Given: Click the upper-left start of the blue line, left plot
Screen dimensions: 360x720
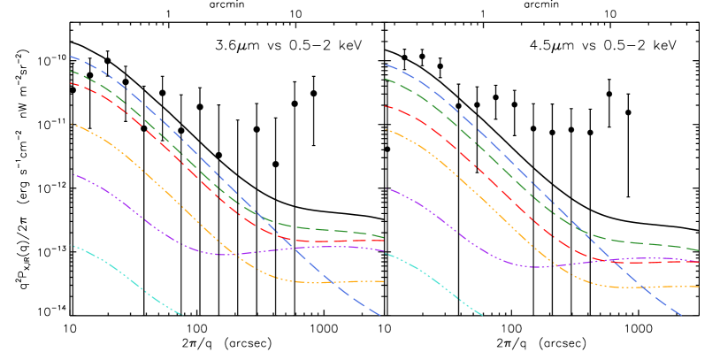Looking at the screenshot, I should click(71, 57).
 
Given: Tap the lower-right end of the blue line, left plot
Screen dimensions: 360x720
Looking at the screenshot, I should click(380, 315).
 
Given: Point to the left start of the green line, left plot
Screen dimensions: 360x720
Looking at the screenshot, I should click(71, 72).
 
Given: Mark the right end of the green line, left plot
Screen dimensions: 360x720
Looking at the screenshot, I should click(383, 237).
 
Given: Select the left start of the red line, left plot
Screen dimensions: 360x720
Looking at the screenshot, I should click(71, 83).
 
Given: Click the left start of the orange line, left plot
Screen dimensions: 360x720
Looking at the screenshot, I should click(71, 124).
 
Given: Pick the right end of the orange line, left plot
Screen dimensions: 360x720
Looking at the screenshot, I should click(383, 281).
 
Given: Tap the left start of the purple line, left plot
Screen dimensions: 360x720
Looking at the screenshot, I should click(73, 174).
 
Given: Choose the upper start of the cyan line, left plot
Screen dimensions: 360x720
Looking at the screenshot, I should click(71, 245).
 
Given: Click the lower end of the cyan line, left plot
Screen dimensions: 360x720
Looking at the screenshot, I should click(183, 314).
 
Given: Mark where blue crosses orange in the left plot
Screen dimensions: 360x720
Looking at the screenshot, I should click(328, 282).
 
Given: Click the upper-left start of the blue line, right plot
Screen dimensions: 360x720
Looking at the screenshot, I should click(386, 65).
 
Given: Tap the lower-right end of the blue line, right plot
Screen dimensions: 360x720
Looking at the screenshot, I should click(682, 315).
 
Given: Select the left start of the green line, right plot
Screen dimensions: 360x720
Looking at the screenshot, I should click(386, 80).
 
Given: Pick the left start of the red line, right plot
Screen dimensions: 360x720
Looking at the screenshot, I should click(386, 106).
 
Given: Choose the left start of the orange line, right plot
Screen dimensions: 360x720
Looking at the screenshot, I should click(386, 129).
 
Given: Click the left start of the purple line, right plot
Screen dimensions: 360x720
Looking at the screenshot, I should click(389, 188).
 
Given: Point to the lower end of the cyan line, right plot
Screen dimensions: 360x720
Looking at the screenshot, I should click(483, 314).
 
